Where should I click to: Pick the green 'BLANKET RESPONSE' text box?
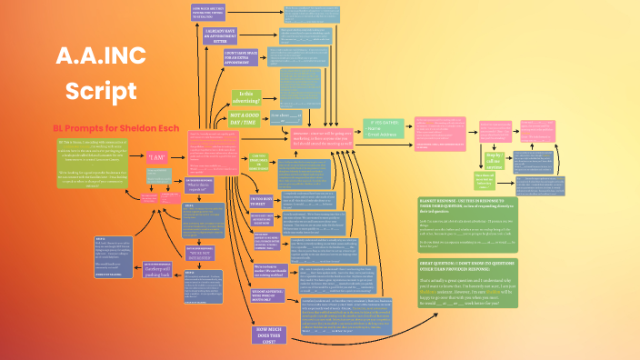[x=467, y=223]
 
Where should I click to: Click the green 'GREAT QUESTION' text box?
[x=467, y=282]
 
